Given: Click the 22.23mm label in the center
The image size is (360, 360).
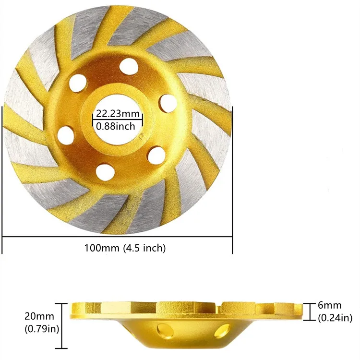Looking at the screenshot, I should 118,114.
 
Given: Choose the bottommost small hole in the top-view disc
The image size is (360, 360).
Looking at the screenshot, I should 102,170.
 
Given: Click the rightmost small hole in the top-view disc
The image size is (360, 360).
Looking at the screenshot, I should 167,102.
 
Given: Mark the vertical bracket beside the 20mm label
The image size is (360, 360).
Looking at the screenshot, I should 61,325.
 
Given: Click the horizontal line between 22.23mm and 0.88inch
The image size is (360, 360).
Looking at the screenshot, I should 118,120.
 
